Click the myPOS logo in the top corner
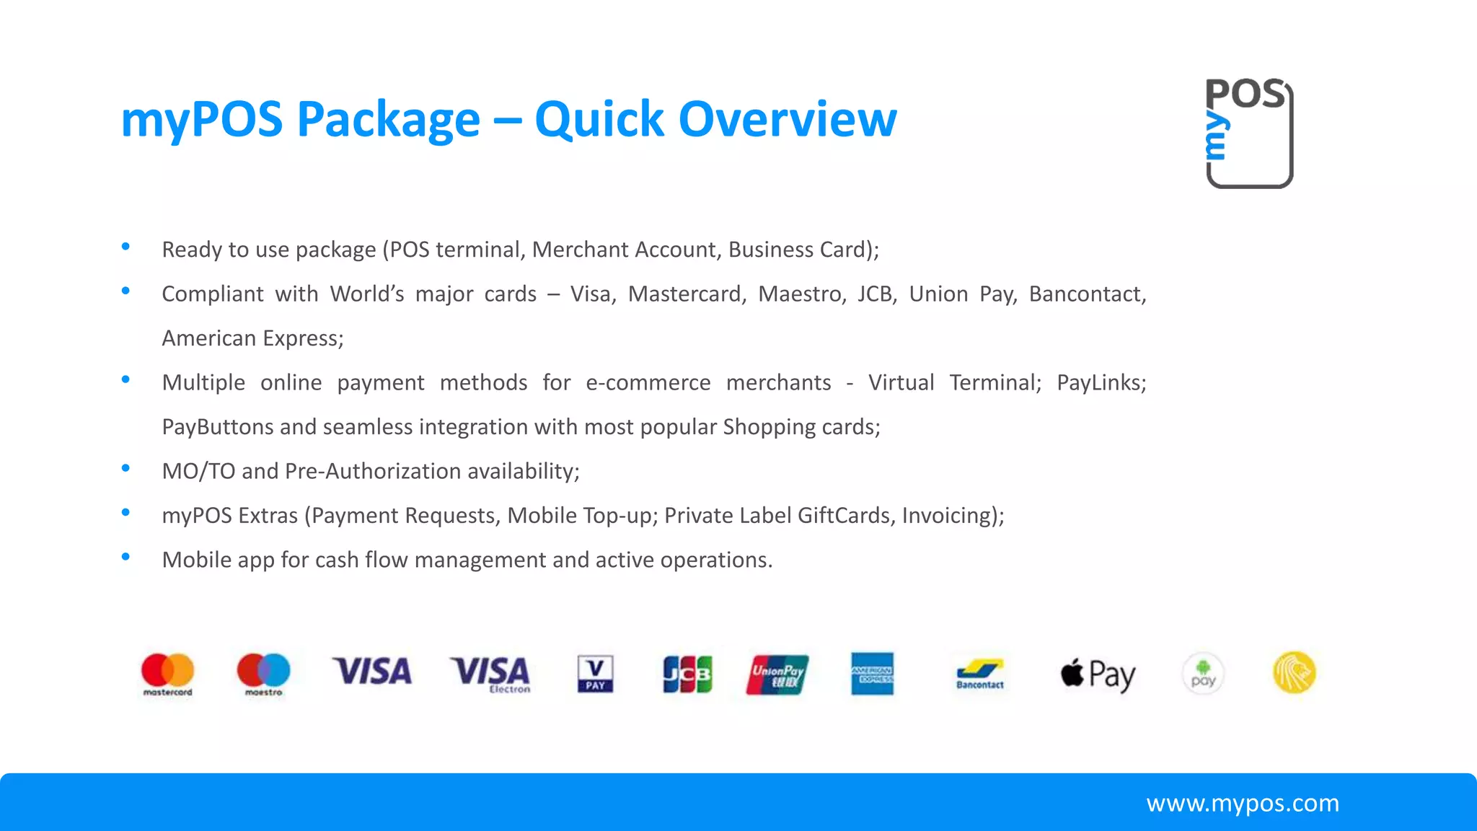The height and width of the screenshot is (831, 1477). (x=1249, y=133)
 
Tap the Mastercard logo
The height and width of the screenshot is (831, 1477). (x=167, y=673)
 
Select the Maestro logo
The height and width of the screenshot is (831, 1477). (x=263, y=673)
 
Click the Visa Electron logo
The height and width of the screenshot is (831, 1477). (x=490, y=674)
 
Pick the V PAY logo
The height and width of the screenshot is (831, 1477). (x=595, y=674)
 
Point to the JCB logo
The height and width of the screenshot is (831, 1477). (x=687, y=674)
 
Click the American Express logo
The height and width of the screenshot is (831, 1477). (x=872, y=674)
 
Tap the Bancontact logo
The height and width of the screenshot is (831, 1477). (x=980, y=674)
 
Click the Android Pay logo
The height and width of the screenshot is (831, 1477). (x=1203, y=674)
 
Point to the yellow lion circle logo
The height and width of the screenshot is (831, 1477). (x=1295, y=672)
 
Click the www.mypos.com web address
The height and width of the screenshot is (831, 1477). (x=1243, y=803)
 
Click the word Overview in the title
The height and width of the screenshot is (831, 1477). (x=788, y=119)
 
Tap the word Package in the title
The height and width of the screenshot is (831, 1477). (x=389, y=120)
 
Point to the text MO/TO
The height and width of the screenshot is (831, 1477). (x=198, y=471)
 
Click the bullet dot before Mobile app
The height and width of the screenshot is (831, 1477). (x=125, y=557)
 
